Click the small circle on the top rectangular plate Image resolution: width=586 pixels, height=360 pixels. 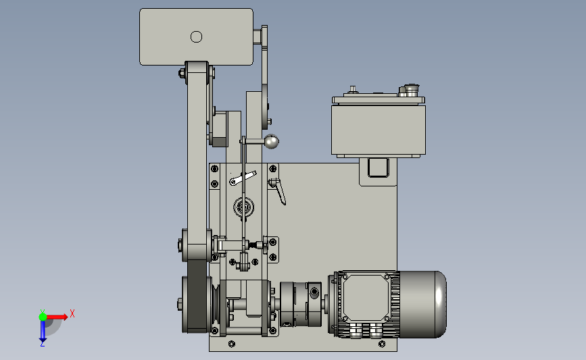tap(196, 36)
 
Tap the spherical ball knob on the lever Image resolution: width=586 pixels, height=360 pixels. tap(272, 142)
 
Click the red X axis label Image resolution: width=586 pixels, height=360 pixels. tap(72, 313)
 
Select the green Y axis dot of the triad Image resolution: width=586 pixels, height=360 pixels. tap(43, 317)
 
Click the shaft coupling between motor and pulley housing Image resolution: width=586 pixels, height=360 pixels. tap(301, 305)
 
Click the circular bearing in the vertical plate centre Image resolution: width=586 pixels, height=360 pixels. tap(244, 207)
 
